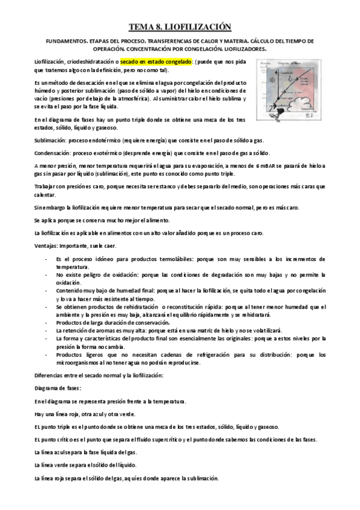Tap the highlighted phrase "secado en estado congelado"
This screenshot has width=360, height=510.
tap(156, 62)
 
